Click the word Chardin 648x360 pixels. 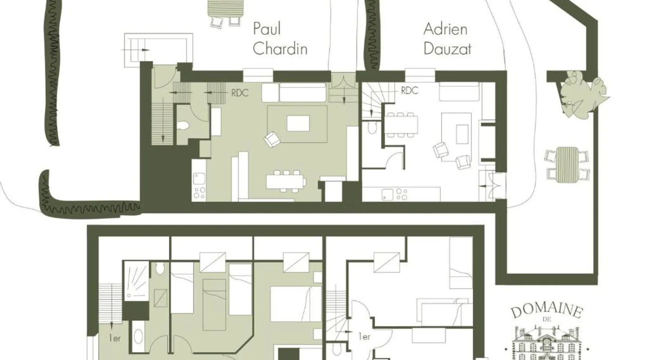pos(280,49)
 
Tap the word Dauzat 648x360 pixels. pos(447,49)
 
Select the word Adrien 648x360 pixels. pos(445,29)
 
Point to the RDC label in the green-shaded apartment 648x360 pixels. pos(240,93)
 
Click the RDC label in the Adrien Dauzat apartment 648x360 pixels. pos(410,90)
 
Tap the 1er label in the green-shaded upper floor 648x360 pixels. pos(114,338)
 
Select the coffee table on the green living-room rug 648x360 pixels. pos(298,123)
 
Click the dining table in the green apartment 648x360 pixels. pos(286,181)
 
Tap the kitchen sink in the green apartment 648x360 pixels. pos(199,179)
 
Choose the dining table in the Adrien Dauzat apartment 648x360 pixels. pos(401,125)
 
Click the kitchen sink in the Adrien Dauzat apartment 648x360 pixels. pos(387,195)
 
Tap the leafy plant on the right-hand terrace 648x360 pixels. pos(582,94)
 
